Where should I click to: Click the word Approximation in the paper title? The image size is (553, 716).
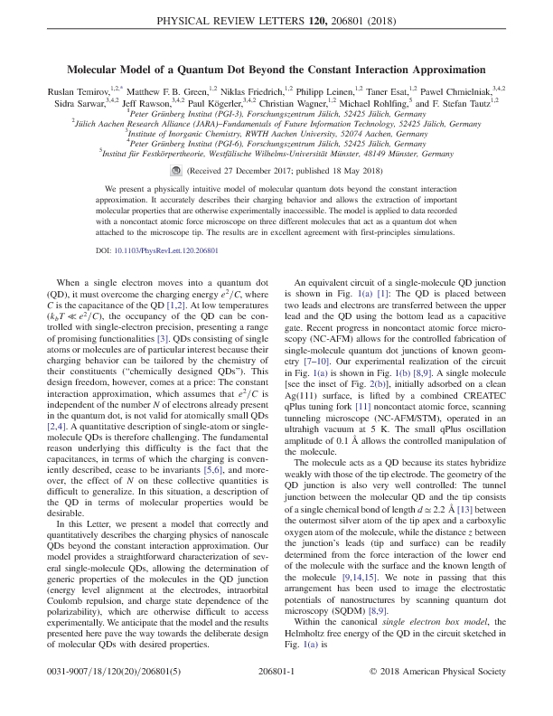pos(427,68)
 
